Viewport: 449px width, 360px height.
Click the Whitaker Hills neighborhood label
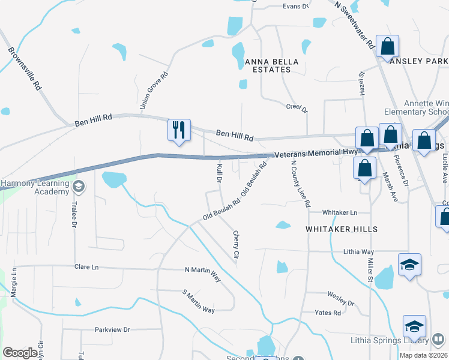click(x=341, y=229)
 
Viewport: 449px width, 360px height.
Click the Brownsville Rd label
click(x=25, y=68)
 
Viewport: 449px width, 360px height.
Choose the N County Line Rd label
click(x=301, y=184)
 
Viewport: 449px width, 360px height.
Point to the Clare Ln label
click(x=86, y=267)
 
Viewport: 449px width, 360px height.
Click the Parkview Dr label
click(x=112, y=329)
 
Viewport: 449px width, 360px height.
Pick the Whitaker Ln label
click(x=339, y=213)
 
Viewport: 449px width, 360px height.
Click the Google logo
click(x=20, y=353)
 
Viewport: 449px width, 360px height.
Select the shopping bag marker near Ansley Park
click(x=388, y=46)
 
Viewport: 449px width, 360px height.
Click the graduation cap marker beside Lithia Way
click(x=409, y=264)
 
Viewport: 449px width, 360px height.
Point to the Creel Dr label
click(x=297, y=108)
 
